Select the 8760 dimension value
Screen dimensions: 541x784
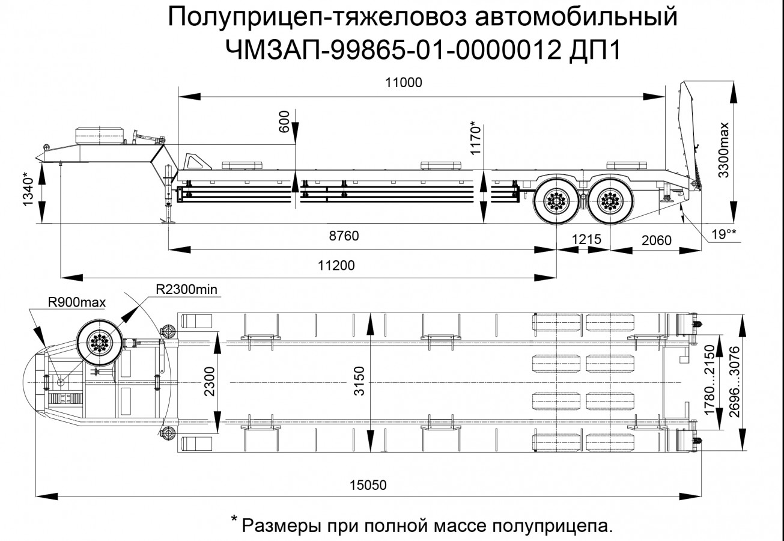click(x=343, y=236)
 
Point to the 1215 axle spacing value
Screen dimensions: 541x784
click(x=586, y=239)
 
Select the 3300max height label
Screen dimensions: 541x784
click(x=724, y=149)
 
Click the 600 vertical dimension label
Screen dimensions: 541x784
click(x=285, y=121)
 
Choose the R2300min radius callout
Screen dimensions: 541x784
click(x=186, y=290)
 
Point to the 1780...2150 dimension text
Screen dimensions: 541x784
click(x=710, y=381)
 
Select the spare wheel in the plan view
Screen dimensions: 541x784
click(x=99, y=343)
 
